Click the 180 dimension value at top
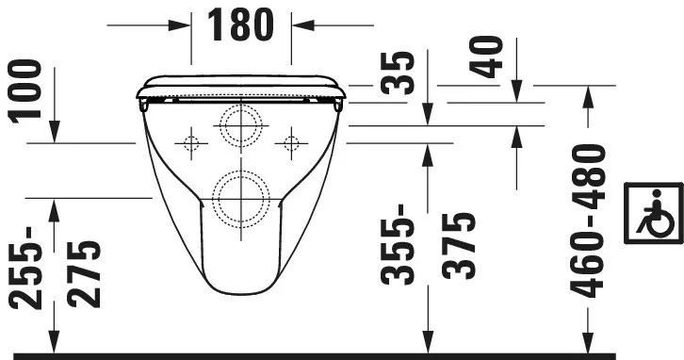[240, 25]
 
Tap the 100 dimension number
[24, 91]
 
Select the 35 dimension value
[397, 73]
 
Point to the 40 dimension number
[486, 57]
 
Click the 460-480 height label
[588, 221]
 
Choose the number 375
[458, 246]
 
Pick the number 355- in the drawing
[397, 244]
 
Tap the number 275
[84, 274]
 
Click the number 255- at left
[24, 268]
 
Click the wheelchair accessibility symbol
[654, 213]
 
